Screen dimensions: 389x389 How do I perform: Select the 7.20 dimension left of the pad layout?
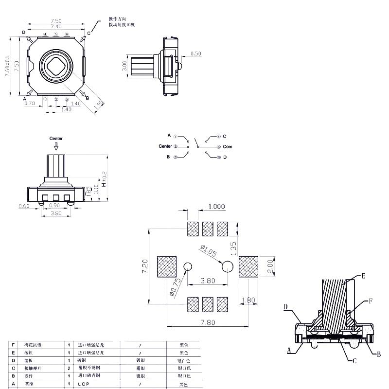click(144, 267)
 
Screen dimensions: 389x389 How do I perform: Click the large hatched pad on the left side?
click(167, 266)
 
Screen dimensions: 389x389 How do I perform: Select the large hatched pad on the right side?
click(248, 266)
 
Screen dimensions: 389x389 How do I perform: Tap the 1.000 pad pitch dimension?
click(216, 207)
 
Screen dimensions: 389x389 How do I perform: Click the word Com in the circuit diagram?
click(228, 146)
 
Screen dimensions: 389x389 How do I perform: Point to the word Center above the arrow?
click(56, 139)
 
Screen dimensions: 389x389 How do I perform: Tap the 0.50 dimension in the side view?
click(195, 53)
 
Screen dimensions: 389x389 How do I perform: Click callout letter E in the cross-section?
click(363, 276)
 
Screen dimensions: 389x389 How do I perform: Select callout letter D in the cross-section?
click(286, 307)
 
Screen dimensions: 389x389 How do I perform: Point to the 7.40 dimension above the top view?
click(56, 27)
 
